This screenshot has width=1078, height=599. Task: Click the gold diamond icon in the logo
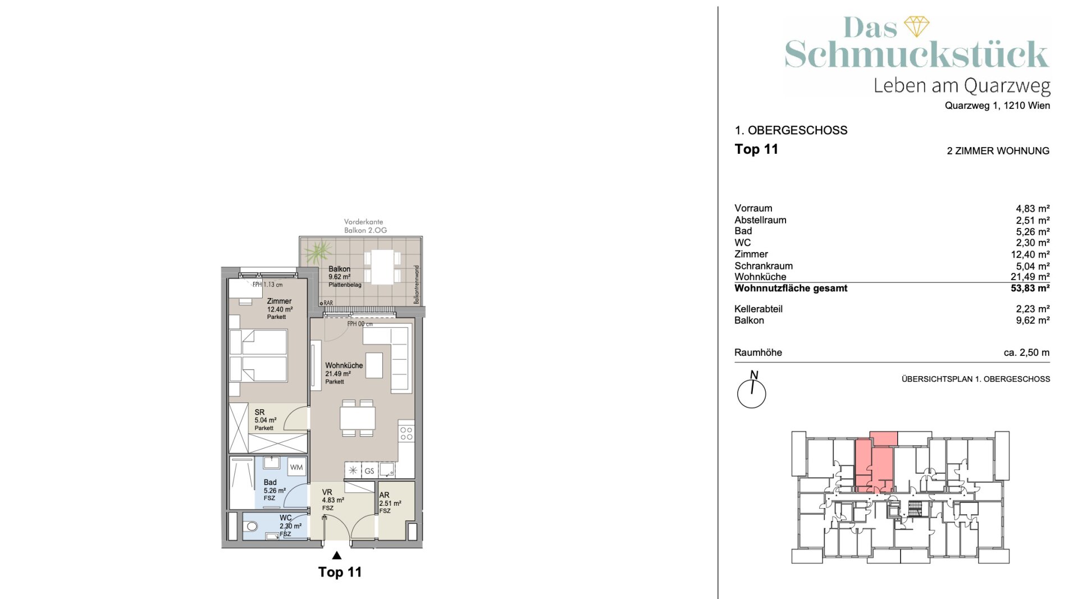tap(916, 26)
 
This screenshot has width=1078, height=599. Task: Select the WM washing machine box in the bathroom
tap(296, 467)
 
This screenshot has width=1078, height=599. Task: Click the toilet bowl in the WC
tap(252, 526)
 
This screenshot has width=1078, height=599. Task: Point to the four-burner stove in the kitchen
tap(406, 433)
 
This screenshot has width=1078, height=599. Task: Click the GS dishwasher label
tap(369, 471)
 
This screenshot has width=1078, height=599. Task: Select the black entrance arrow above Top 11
tap(336, 555)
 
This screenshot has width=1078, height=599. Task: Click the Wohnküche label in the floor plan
tap(344, 365)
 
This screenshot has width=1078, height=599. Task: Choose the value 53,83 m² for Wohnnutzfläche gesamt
tap(1030, 289)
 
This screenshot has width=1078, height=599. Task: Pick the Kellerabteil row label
tap(758, 309)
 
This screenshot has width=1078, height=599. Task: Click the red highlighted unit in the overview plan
tap(874, 466)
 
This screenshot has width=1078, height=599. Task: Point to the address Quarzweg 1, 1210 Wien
tap(997, 106)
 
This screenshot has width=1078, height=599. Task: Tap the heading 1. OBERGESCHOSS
tap(791, 130)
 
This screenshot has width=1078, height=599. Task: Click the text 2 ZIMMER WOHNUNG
tap(998, 151)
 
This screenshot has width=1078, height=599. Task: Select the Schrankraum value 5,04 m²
tap(1033, 266)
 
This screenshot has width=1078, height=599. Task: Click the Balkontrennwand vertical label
tap(417, 285)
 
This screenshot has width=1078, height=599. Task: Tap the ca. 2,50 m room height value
tap(1026, 353)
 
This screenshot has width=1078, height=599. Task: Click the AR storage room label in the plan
tap(384, 495)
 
